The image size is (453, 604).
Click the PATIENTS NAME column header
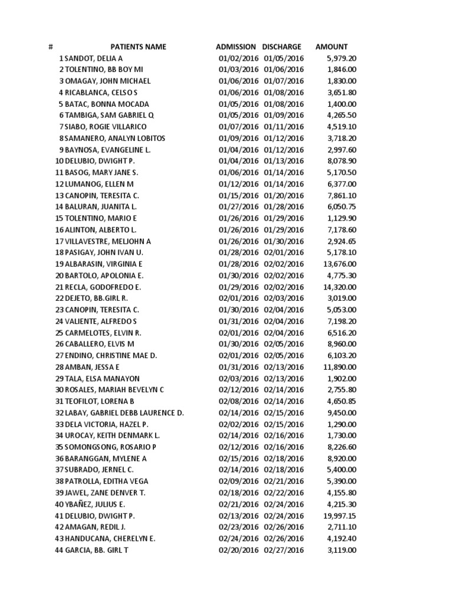tap(139, 47)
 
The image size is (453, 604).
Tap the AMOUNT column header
tap(331, 47)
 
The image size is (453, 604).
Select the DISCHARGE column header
tap(282, 47)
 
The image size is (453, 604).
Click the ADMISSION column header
tap(236, 47)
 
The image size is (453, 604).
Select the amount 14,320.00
tap(340, 287)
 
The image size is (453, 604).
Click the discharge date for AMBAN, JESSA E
tap(284, 367)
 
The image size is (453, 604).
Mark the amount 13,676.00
tap(340, 264)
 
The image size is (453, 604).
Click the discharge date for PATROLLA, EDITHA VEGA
tap(284, 481)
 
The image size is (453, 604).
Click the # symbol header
tap(51, 47)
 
